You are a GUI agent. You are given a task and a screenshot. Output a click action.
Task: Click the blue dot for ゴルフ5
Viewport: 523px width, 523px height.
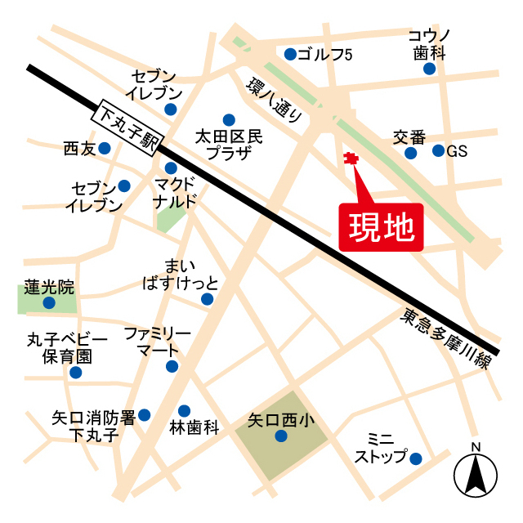290,55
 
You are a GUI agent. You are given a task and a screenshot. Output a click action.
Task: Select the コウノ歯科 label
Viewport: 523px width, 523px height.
428,44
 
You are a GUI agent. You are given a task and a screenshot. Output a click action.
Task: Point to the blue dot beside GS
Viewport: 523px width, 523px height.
438,150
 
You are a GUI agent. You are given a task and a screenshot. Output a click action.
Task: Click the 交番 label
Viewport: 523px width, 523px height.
410,136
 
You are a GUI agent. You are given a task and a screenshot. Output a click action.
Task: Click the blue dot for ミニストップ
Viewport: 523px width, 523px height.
415,458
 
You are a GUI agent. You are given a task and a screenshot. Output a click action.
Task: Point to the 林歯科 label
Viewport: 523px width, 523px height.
194,427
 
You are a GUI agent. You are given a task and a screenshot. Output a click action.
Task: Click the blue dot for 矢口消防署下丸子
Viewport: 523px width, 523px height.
145,414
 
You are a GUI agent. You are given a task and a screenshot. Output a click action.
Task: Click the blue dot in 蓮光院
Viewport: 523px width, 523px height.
49,303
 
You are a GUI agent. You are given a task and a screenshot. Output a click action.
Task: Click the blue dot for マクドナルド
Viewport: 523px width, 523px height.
171,168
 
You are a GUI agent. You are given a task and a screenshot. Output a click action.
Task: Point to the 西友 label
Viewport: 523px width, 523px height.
79,149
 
